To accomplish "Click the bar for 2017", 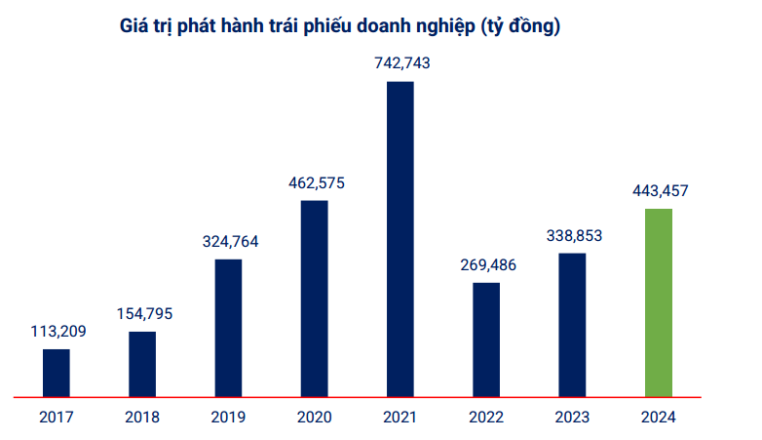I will click(x=57, y=373).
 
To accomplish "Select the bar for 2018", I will click(x=142, y=364).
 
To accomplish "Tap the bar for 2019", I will click(x=228, y=328).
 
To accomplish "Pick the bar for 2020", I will click(x=314, y=299).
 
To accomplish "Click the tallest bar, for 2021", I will click(x=400, y=239).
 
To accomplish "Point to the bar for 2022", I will click(x=486, y=340).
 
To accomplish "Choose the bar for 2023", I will click(x=573, y=325).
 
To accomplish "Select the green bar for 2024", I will click(x=659, y=302).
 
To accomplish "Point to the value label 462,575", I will click(x=314, y=181).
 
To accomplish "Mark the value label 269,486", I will click(x=486, y=264).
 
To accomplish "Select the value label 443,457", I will click(x=659, y=190).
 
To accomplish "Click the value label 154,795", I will click(x=142, y=313).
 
